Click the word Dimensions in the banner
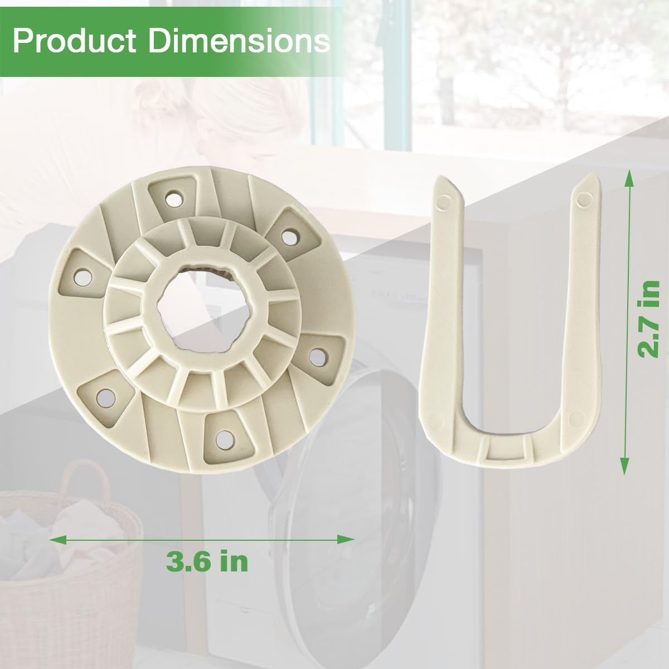click(x=239, y=41)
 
